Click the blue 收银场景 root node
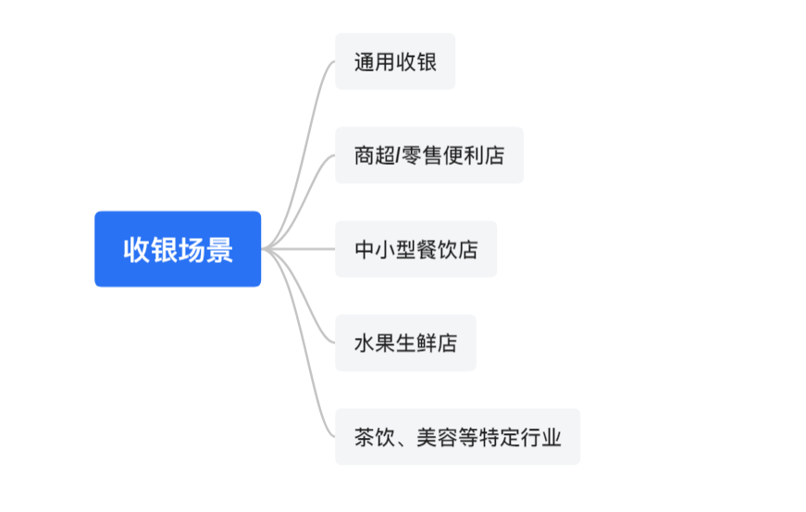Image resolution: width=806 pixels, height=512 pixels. [x=178, y=249]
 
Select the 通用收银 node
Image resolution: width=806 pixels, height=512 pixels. [x=395, y=62]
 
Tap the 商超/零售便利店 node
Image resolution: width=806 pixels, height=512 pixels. [x=428, y=156]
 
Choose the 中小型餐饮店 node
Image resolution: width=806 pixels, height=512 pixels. [x=415, y=249]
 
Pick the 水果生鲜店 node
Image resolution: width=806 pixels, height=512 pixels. [x=405, y=343]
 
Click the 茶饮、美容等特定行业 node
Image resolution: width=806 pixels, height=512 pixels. [x=457, y=437]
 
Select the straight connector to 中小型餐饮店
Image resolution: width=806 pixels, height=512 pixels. [x=301, y=249]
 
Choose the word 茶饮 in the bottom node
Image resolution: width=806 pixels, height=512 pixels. [x=374, y=437]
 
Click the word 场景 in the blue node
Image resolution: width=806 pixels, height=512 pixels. [x=205, y=249]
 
